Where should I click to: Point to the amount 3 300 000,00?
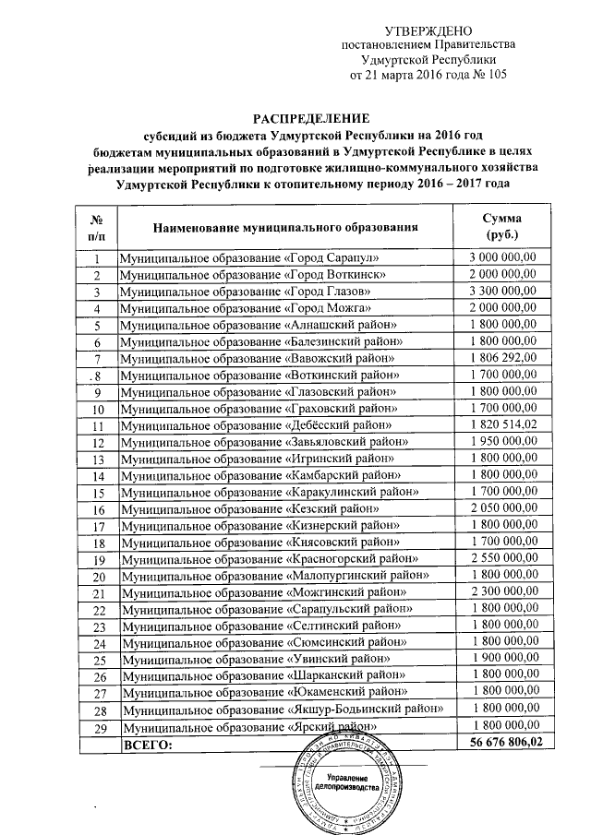pyautogui.click(x=503, y=292)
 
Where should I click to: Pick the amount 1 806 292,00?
pyautogui.click(x=503, y=358)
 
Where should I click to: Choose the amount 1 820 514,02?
pyautogui.click(x=503, y=424)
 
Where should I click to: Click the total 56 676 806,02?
pyautogui.click(x=503, y=741)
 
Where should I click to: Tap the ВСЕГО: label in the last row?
pyautogui.click(x=149, y=741)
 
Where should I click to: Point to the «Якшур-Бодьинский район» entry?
pyautogui.click(x=278, y=709)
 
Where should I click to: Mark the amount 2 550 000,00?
pyautogui.click(x=503, y=558)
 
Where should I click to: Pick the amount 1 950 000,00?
pyautogui.click(x=503, y=441)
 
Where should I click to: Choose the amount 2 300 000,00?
pyautogui.click(x=503, y=591)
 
